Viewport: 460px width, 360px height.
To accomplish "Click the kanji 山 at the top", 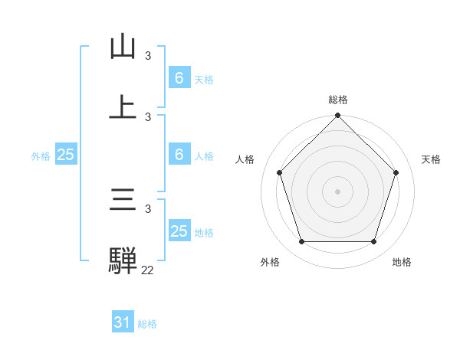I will click(123, 47).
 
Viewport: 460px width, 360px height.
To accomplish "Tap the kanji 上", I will click(123, 106).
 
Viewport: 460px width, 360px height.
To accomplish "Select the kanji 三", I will click(123, 201).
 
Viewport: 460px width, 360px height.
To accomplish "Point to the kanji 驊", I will click(123, 260).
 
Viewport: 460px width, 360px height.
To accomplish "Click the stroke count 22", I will click(148, 270).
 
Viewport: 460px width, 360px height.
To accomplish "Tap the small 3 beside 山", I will click(148, 56).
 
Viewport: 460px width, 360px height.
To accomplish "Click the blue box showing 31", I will click(123, 323).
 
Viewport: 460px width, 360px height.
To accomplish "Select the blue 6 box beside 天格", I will click(179, 78).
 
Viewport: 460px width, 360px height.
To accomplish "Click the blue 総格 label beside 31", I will click(147, 324).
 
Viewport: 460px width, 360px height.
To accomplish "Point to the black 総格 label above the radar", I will click(337, 100).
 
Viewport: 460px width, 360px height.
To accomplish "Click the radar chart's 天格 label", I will click(431, 159).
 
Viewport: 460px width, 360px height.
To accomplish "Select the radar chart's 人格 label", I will click(245, 159).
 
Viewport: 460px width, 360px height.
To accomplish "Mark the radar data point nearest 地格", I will click(373, 242).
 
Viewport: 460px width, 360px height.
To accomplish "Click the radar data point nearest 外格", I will click(301, 242).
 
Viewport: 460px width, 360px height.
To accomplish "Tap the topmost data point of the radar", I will click(337, 116).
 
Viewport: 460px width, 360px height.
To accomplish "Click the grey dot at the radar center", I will click(337, 191).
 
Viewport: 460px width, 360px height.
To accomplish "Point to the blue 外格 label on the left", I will click(41, 156).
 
